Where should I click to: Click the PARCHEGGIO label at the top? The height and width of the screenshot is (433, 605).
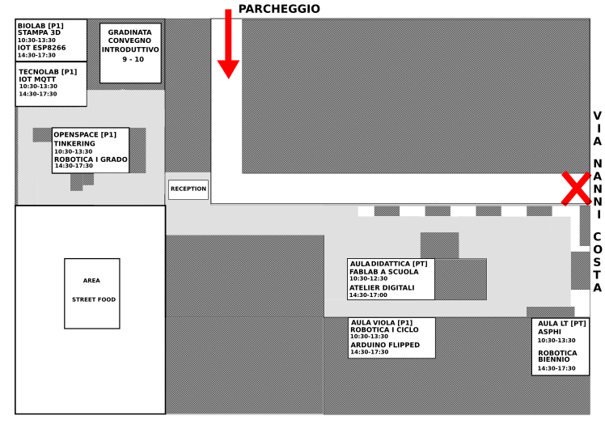[x=279, y=9]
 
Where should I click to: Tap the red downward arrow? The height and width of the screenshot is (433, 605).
[x=228, y=44]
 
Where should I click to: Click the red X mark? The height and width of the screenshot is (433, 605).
[x=576, y=188]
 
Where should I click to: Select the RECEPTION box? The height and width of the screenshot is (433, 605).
[x=188, y=189]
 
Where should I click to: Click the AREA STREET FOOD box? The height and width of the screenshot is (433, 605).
[x=92, y=294]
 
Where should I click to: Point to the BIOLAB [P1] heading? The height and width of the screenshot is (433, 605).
[x=40, y=26]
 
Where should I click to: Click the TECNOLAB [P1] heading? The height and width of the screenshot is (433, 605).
[x=48, y=72]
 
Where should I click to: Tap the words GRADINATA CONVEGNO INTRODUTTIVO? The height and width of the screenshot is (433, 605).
[x=130, y=41]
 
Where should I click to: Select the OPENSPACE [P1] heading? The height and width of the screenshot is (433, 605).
[x=85, y=135]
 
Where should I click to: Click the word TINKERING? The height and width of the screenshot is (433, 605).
[x=74, y=143]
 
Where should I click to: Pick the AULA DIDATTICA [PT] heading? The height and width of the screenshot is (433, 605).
[x=388, y=264]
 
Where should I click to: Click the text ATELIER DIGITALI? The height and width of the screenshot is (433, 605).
[x=382, y=288]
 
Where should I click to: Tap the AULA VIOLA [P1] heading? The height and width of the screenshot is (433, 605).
[x=382, y=323]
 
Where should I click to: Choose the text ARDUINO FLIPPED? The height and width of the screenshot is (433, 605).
[x=385, y=345]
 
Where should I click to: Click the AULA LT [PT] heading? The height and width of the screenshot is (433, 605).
[x=562, y=324]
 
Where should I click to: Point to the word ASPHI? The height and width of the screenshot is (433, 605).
[x=549, y=332]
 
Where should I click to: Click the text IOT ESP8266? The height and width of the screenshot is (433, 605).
[x=42, y=48]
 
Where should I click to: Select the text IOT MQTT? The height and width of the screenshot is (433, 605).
[x=37, y=79]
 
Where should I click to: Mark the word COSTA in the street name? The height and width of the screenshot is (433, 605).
[x=597, y=262]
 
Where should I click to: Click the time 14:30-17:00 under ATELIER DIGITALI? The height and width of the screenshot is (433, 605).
[x=368, y=295]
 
